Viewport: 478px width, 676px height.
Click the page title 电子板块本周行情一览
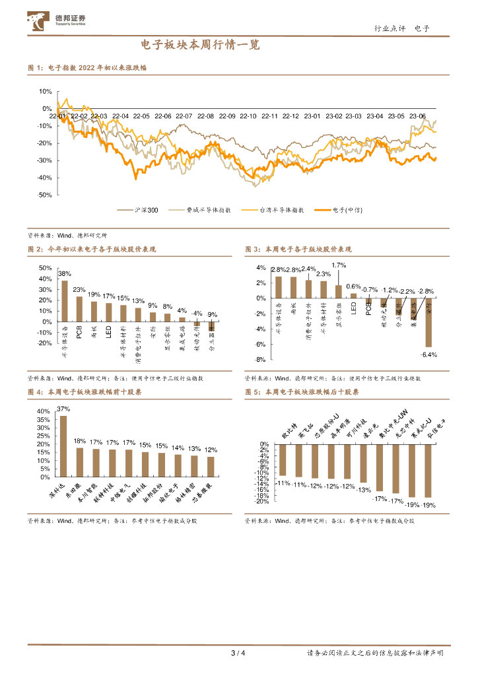(200, 46)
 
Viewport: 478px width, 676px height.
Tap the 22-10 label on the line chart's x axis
(248, 116)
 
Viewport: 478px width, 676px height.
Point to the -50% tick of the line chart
(45, 195)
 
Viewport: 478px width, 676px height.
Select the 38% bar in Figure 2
(65, 301)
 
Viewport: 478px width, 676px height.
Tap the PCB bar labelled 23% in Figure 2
(79, 309)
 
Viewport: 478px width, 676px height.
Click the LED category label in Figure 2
(108, 328)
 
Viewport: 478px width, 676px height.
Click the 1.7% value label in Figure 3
(339, 265)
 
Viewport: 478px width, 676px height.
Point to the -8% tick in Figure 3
(261, 360)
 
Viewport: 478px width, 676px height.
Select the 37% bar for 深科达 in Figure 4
(63, 446)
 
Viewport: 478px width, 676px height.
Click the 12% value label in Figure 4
(211, 450)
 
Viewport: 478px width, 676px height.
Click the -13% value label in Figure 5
(363, 489)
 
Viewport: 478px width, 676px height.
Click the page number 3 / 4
(238, 654)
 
